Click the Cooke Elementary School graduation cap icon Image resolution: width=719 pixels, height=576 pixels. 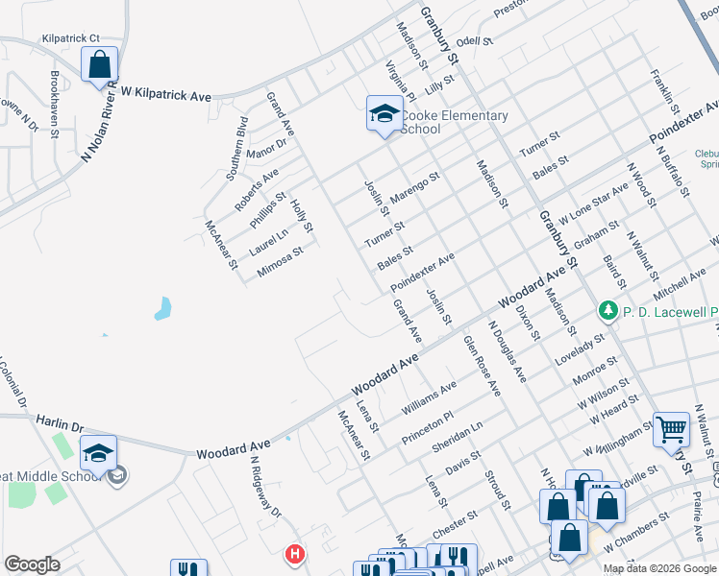[x=384, y=114]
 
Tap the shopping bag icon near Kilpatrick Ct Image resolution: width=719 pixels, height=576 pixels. [x=100, y=65]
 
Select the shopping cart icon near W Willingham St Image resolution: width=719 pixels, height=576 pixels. [x=671, y=428]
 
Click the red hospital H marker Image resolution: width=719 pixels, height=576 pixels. [x=295, y=554]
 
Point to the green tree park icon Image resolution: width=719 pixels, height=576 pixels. [x=607, y=310]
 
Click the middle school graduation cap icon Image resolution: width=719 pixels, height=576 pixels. [x=99, y=453]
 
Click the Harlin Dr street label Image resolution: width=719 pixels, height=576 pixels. [x=62, y=421]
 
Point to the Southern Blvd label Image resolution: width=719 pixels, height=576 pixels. [x=236, y=149]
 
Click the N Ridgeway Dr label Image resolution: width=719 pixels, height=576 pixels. [x=265, y=486]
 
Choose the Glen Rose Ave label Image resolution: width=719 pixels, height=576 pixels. [x=482, y=365]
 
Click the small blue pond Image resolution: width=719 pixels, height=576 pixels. [x=162, y=309]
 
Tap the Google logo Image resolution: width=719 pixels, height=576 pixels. [x=32, y=564]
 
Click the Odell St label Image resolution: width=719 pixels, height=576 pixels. [x=474, y=42]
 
